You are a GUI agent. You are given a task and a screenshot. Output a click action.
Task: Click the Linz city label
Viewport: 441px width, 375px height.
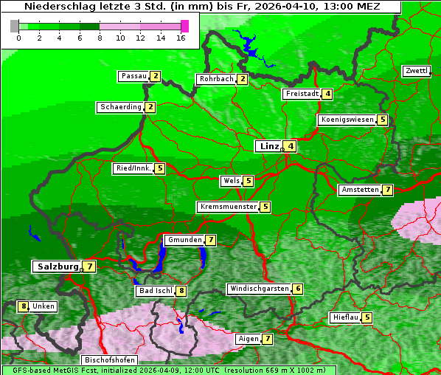point(268,146)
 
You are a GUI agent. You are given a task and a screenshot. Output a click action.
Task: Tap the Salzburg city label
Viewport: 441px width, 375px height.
point(58,266)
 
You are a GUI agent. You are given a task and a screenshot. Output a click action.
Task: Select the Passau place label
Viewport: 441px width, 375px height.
point(133,76)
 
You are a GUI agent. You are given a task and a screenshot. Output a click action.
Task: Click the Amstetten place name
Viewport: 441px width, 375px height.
point(359,190)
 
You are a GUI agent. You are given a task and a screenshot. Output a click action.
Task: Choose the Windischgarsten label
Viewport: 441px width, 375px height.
point(258,289)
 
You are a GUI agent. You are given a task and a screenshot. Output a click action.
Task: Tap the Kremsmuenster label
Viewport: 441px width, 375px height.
point(228,207)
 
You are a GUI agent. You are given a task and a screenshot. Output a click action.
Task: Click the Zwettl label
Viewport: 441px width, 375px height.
point(416,71)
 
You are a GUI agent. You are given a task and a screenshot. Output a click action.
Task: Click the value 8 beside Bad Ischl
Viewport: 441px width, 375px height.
point(181,291)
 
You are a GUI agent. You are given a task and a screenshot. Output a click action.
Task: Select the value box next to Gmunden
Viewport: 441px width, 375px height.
point(210,240)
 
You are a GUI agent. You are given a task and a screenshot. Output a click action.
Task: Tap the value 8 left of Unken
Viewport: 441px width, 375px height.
point(24,306)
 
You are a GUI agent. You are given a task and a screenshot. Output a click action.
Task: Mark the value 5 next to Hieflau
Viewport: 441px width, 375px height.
point(367,317)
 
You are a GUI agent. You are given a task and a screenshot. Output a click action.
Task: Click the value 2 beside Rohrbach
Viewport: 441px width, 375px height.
point(242,79)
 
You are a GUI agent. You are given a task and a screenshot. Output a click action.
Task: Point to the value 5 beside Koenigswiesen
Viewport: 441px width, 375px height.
point(382,120)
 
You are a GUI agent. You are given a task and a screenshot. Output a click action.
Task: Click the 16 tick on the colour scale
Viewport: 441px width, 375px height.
point(181,38)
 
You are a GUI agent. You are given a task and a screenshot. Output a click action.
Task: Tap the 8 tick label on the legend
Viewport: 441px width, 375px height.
point(99,38)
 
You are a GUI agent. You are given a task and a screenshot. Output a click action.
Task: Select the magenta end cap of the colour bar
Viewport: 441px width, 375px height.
point(184,26)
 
